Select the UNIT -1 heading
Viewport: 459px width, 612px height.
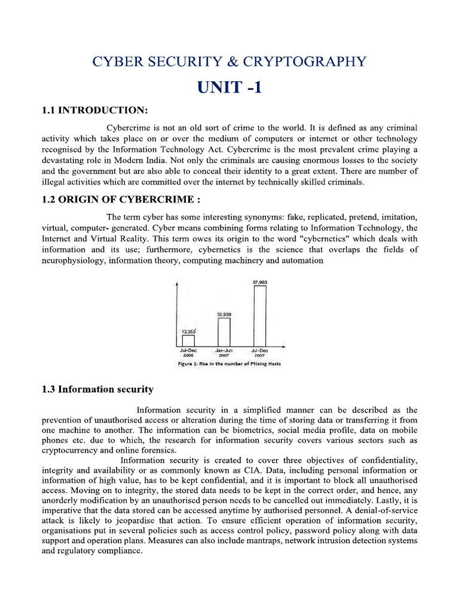click(229, 87)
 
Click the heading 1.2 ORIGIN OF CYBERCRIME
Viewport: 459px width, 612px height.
click(108, 200)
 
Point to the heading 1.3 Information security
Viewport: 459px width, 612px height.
click(97, 389)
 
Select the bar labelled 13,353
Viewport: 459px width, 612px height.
click(188, 340)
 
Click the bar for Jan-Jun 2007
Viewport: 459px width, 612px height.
click(224, 332)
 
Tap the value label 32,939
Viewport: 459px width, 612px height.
click(224, 314)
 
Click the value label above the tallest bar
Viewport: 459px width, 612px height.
click(259, 281)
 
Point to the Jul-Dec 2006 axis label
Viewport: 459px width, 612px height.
click(188, 352)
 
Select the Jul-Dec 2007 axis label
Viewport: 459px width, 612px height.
click(259, 352)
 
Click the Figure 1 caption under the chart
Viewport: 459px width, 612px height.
click(229, 363)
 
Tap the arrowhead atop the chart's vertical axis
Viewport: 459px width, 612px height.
click(176, 284)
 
